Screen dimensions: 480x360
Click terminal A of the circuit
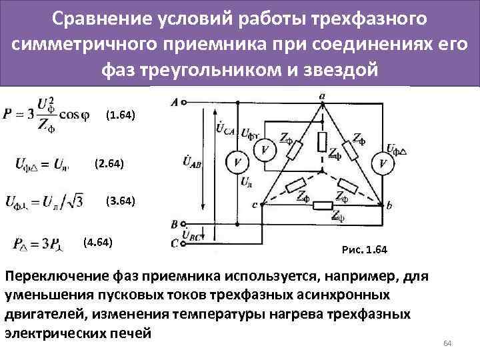tap(183, 103)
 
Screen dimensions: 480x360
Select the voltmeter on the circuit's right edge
tap(383, 162)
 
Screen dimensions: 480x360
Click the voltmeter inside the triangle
tap(266, 151)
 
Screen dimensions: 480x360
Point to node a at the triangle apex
tap(322, 104)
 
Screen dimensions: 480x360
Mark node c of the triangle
tap(261, 206)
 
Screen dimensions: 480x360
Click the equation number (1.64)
tap(121, 115)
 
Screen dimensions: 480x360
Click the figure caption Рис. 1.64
tap(364, 250)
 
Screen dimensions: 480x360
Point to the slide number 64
tap(448, 343)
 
